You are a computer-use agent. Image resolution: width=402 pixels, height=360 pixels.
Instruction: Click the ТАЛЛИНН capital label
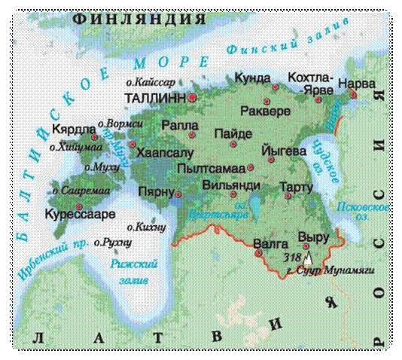click(156, 98)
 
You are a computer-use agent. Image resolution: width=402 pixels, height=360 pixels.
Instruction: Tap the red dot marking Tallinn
click(193, 98)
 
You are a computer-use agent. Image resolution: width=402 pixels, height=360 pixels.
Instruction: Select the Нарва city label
click(357, 84)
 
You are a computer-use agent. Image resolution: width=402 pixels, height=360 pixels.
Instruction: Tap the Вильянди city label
click(232, 185)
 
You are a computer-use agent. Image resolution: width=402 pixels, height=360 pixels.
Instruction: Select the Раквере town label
click(264, 111)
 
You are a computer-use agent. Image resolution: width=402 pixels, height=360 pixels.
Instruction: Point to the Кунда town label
click(252, 78)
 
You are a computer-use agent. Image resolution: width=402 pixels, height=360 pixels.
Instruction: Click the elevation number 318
click(292, 257)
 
